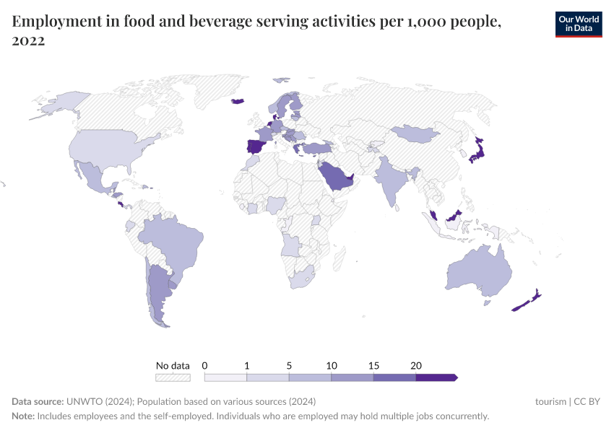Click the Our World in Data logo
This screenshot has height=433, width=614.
tap(578, 24)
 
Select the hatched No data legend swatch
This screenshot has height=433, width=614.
tap(173, 377)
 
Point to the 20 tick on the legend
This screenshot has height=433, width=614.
tap(416, 366)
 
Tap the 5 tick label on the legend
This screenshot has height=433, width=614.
tap(289, 366)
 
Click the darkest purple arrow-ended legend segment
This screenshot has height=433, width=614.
tap(436, 377)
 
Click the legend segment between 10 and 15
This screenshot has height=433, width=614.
tap(352, 377)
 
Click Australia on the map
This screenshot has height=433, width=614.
tap(478, 272)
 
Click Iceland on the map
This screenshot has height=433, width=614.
tap(238, 101)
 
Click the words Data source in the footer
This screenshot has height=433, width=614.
tap(38, 401)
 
